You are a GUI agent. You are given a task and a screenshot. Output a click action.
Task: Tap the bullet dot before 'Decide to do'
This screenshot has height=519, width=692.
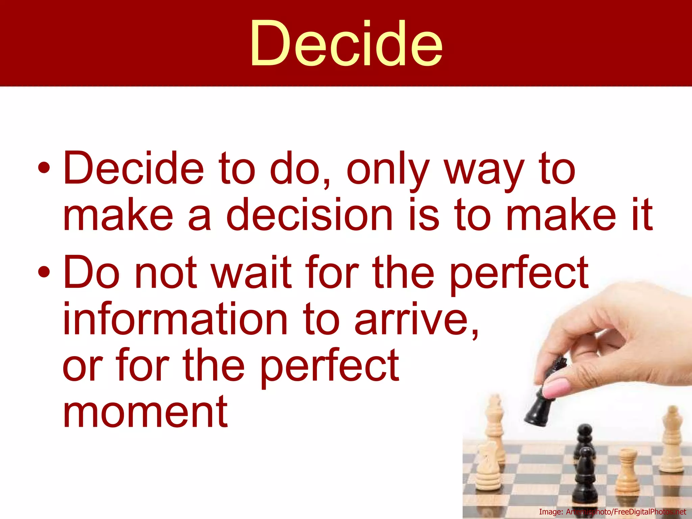pyautogui.click(x=44, y=168)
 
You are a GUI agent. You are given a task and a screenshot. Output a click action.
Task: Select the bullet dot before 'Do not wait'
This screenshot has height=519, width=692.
pyautogui.click(x=44, y=272)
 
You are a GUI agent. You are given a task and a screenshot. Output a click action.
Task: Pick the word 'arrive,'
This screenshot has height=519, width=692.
pyautogui.click(x=417, y=319)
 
